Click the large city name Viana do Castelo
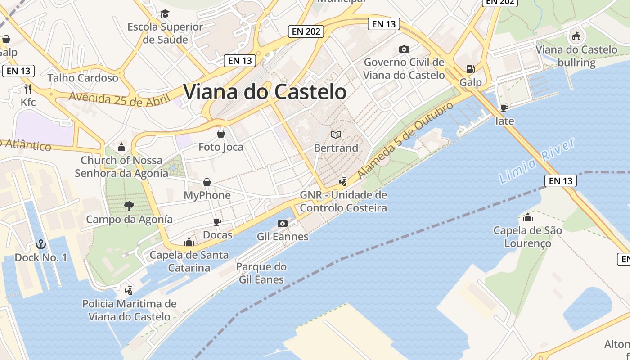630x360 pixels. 265,92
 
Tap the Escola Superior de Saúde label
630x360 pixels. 165,33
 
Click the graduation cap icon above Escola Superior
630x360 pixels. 165,13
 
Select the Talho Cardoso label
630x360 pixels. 83,78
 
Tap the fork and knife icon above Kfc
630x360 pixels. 28,88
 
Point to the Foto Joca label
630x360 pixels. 221,147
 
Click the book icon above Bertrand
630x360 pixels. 336,134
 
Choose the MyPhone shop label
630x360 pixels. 207,195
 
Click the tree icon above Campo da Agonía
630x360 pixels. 129,206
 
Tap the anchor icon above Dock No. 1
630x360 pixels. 41,244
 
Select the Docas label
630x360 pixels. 218,235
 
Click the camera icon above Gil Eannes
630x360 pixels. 283,223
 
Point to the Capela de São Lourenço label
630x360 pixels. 527,237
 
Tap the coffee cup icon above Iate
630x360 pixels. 504,108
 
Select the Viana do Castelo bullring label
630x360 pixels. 576,56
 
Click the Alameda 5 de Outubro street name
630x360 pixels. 405,140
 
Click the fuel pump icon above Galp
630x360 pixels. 470,69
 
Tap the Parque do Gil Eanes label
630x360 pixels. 261,273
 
